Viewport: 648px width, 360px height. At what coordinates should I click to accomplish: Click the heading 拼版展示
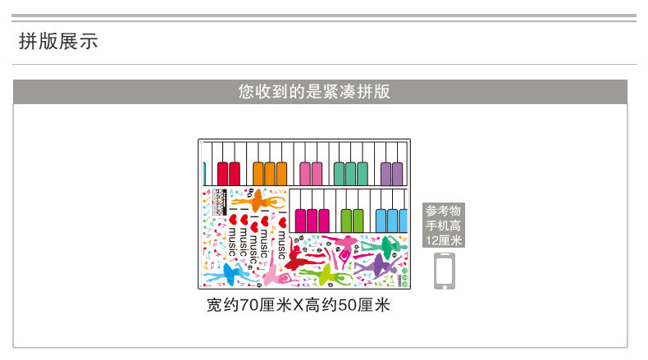[x=58, y=41]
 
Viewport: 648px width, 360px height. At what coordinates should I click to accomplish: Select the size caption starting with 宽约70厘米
[x=299, y=307]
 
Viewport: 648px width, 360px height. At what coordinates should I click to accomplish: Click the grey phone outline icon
[x=444, y=270]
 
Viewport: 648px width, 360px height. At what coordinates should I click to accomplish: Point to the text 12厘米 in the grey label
[x=444, y=240]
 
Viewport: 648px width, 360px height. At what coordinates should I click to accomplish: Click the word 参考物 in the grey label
[x=444, y=211]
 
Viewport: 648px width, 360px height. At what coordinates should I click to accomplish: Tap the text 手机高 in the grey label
[x=444, y=226]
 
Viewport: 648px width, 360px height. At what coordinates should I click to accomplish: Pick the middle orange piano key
[x=270, y=173]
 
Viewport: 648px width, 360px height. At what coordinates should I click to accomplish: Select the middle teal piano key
[x=351, y=173]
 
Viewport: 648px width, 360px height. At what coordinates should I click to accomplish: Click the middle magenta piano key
[x=313, y=221]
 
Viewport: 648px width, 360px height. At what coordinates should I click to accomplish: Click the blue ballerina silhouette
[x=230, y=270]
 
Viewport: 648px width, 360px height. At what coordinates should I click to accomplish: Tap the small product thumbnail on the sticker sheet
[x=219, y=198]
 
